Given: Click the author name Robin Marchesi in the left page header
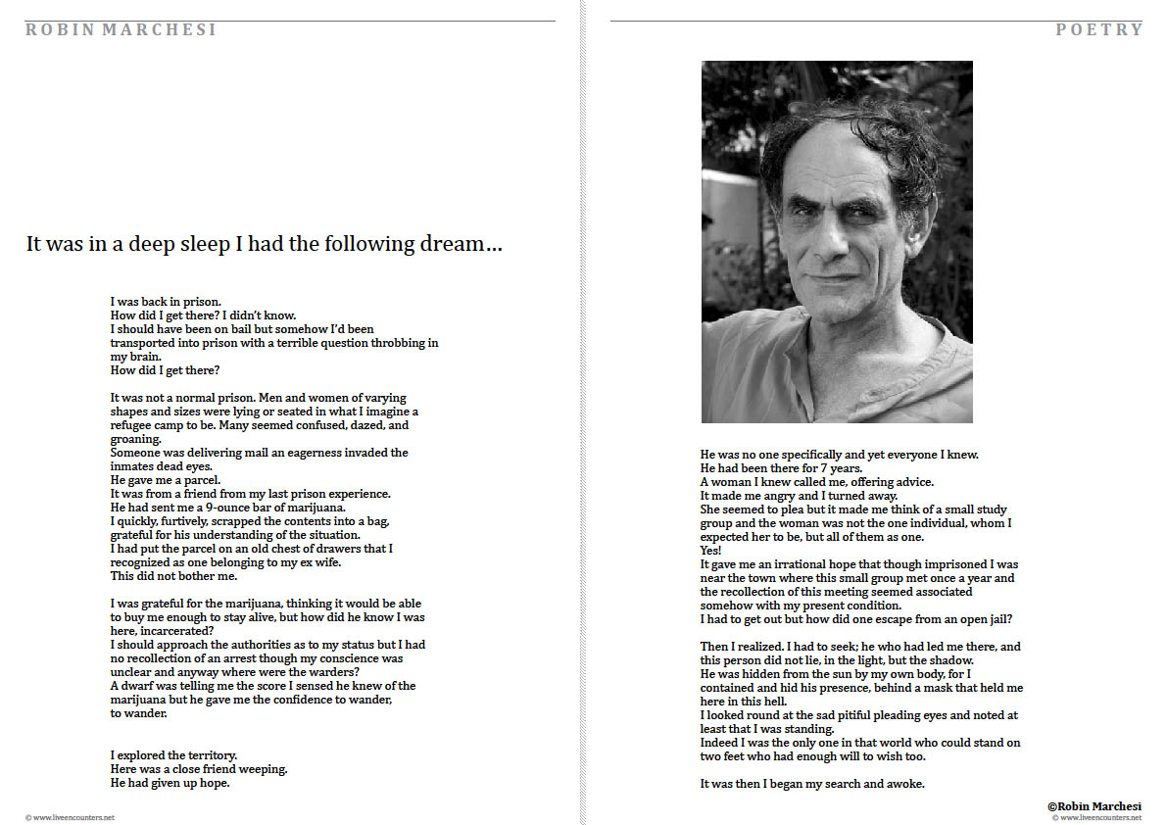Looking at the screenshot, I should point(121,30).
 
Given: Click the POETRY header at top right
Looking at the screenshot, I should point(1098,30).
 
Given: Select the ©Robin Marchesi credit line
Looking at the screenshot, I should point(1094,805).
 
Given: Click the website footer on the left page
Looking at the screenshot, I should point(70,817).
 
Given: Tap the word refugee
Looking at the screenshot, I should point(135,425).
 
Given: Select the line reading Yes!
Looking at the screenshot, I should point(710,551).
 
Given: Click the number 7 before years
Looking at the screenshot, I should point(825,468).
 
